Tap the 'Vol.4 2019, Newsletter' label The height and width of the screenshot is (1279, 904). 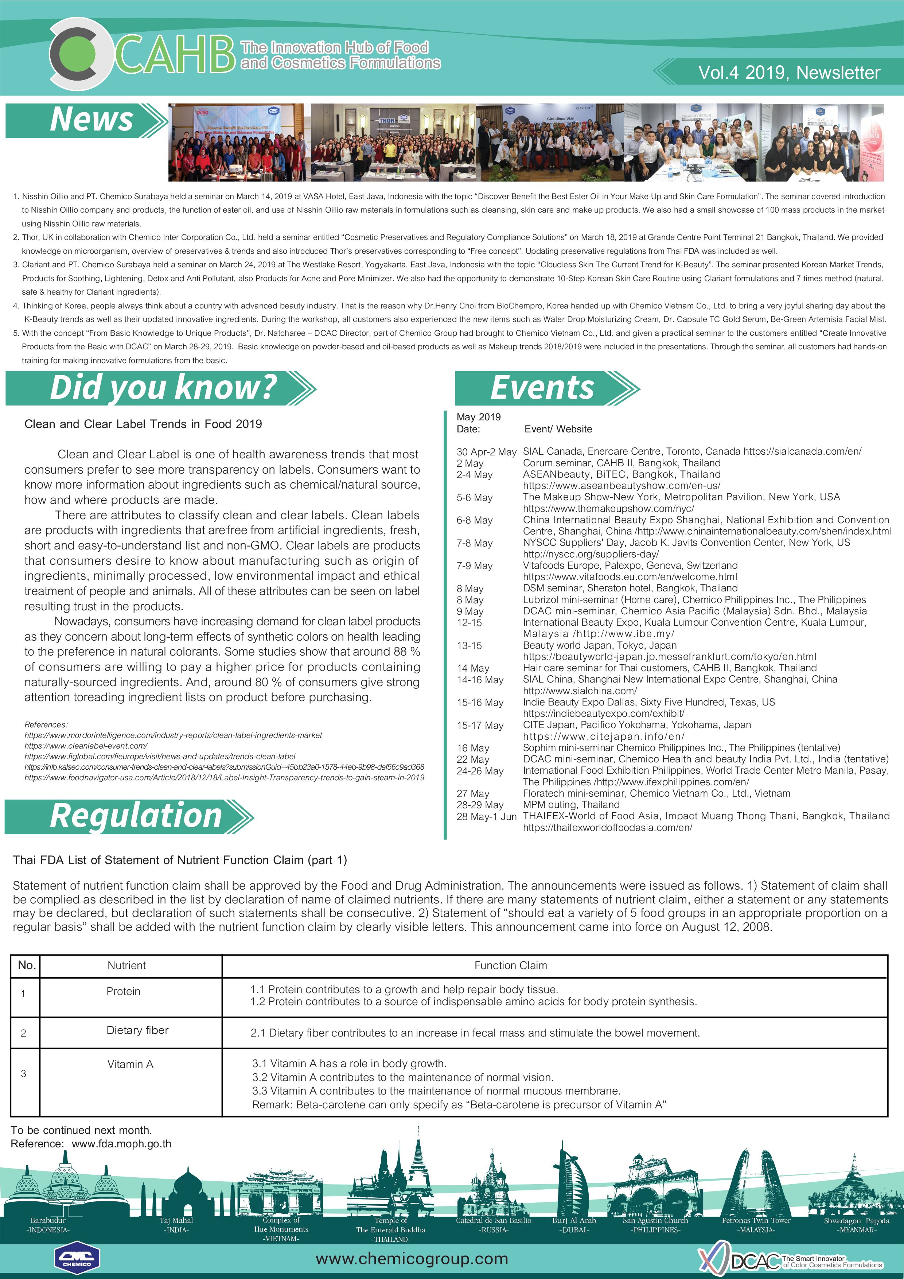789,73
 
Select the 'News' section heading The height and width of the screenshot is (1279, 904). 91,120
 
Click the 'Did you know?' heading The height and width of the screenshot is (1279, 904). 163,388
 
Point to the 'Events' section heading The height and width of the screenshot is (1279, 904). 542,388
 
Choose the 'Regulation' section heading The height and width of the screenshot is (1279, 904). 136,816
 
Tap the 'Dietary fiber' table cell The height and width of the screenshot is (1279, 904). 137,1030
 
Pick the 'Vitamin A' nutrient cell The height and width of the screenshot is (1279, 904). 130,1064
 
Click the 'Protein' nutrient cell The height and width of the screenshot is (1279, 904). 123,991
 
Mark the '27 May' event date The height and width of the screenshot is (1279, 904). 473,793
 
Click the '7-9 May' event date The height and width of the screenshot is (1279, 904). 475,565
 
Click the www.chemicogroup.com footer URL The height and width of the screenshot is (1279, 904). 412,1258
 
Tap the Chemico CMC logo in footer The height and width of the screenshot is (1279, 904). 77,1258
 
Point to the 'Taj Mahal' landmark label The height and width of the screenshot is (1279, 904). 176,1220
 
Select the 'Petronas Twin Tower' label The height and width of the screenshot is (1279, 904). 756,1220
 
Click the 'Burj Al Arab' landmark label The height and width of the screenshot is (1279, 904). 574,1220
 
